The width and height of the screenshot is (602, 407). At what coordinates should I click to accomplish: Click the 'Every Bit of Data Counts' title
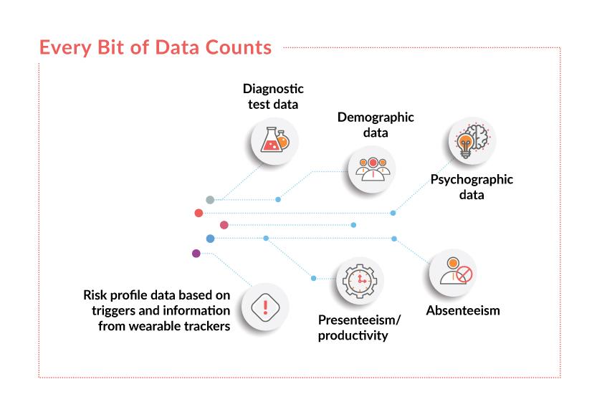click(x=156, y=48)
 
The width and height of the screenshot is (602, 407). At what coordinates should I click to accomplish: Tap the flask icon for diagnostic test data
click(x=274, y=141)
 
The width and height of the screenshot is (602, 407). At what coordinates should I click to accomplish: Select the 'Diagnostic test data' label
click(x=273, y=97)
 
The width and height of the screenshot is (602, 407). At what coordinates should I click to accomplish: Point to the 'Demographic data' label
click(x=376, y=125)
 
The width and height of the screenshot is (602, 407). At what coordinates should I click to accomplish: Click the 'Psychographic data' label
click(x=472, y=187)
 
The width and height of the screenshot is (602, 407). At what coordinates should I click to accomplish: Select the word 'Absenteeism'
click(x=463, y=311)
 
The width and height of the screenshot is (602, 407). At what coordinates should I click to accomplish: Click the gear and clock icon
click(x=360, y=281)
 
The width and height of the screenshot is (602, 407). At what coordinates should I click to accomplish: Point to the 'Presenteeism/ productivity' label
click(x=359, y=327)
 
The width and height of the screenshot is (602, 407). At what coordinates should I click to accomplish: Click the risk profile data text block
click(x=157, y=310)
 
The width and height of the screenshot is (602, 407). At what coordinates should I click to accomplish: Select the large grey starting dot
click(x=210, y=200)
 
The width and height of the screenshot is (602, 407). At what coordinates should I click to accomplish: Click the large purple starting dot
click(x=196, y=253)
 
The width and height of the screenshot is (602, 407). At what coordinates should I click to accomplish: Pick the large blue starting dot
click(x=210, y=238)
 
